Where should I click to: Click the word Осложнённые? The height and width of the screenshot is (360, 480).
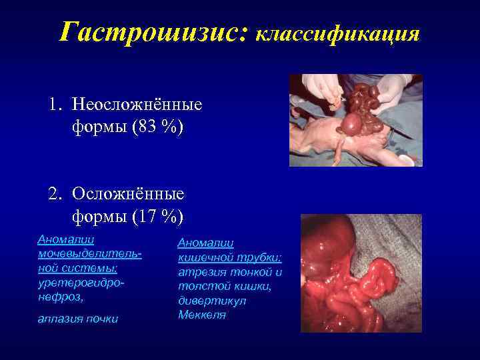[x=129, y=195]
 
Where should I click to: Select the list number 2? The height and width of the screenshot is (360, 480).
[x=54, y=195]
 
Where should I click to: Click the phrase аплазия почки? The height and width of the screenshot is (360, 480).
[x=78, y=319]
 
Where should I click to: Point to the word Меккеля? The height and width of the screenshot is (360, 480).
[x=202, y=315]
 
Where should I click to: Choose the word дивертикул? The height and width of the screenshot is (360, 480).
[x=211, y=301]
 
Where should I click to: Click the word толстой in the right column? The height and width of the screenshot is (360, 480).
[x=199, y=287]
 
